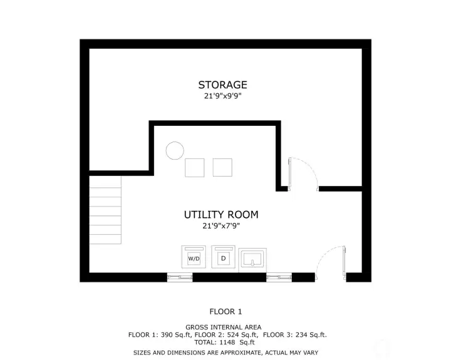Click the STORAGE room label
coord(222,85)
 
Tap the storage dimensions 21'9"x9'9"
coord(222,96)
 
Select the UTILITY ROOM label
coord(221,215)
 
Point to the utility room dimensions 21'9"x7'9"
coord(221,226)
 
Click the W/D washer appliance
coord(194,257)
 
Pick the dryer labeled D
coord(223,257)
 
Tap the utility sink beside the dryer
coord(252,260)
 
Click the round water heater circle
coord(175,151)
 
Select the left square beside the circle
coord(195,168)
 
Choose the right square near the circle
coord(222,167)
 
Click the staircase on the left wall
coord(105,210)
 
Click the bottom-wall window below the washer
coord(180,277)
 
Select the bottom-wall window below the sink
coord(279,277)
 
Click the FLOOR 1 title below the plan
coord(225,312)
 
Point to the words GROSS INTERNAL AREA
coord(224,327)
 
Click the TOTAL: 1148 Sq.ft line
coord(225,342)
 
